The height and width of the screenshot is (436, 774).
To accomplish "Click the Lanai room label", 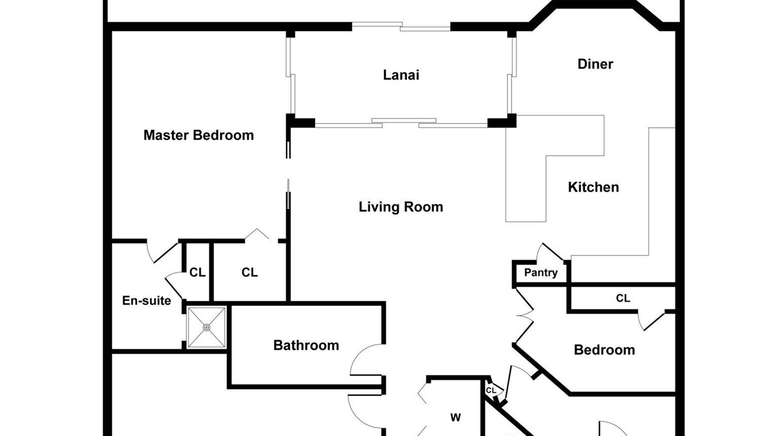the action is [x=401, y=75].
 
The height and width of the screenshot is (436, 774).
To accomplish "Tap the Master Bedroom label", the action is [x=199, y=135].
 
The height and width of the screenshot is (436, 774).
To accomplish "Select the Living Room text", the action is [x=401, y=207].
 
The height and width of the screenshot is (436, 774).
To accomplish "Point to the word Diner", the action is [x=596, y=64].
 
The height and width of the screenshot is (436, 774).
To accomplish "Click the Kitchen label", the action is [x=593, y=187].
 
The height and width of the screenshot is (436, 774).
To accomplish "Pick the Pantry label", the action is [x=541, y=272].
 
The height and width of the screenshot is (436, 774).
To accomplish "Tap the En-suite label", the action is [x=146, y=300].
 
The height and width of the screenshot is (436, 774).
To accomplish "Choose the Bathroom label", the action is [x=306, y=345].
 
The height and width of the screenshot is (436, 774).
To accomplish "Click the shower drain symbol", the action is [x=207, y=328].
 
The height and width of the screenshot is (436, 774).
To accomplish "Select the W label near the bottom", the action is [x=455, y=418].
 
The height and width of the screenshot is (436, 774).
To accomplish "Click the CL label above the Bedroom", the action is [x=623, y=298].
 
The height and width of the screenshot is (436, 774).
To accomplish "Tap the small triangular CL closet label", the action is [x=491, y=391].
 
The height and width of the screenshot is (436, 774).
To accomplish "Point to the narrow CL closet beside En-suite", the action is [x=197, y=272].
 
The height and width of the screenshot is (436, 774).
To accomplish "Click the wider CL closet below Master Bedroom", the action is [x=250, y=272].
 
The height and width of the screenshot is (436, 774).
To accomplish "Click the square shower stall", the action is [x=207, y=328].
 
